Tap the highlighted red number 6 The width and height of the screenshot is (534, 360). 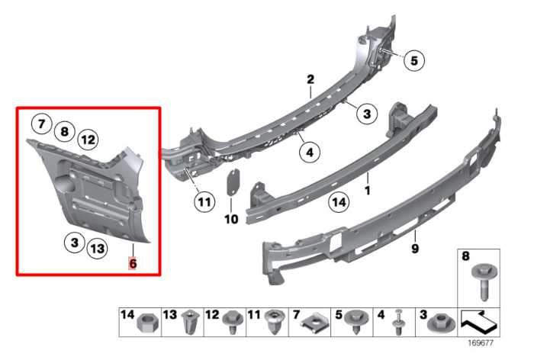click(133, 263)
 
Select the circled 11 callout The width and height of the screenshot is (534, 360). click(204, 204)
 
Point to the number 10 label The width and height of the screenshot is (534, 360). click(231, 219)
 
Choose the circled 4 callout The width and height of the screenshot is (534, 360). click(309, 153)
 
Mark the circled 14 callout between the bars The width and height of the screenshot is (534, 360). click(338, 203)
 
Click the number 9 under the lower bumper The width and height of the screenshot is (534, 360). click(417, 247)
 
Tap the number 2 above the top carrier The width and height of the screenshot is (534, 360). click(310, 80)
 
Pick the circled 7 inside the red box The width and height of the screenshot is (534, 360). click(41, 123)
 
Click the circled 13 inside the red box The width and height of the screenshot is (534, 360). click(97, 248)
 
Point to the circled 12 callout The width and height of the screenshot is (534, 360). click(88, 139)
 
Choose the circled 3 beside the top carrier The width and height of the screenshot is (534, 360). click(366, 114)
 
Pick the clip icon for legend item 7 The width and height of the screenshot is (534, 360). click(312, 326)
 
